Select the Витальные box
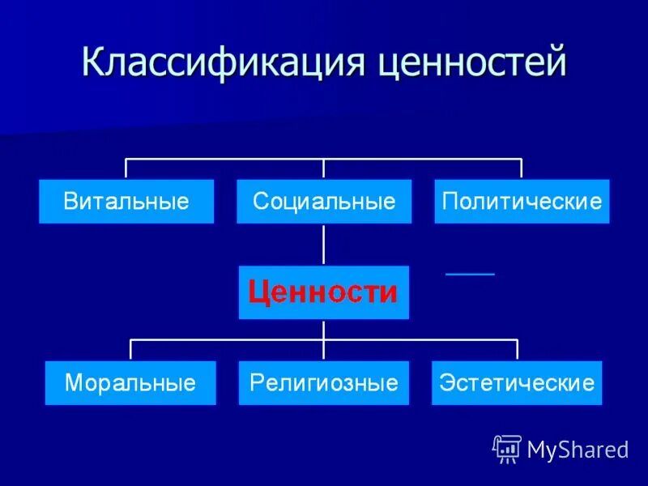click(126, 202)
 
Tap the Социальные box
click(324, 202)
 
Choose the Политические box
click(522, 202)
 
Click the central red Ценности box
click(323, 292)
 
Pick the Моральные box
click(130, 382)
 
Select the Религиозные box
click(324, 382)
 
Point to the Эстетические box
click(517, 382)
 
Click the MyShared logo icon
click(507, 448)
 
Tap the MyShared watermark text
click(578, 450)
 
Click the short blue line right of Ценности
click(470, 275)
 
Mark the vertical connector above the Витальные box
click(126, 168)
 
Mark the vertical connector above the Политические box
click(522, 168)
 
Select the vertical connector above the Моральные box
click(131, 350)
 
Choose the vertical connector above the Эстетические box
click(517, 350)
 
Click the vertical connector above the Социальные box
click(324, 168)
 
